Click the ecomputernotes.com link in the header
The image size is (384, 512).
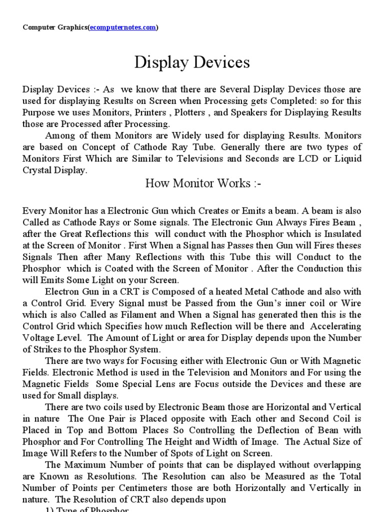click(x=122, y=27)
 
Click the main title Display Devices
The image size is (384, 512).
click(x=192, y=62)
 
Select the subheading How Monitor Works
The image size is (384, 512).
click(x=203, y=183)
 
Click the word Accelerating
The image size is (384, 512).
click(x=335, y=326)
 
